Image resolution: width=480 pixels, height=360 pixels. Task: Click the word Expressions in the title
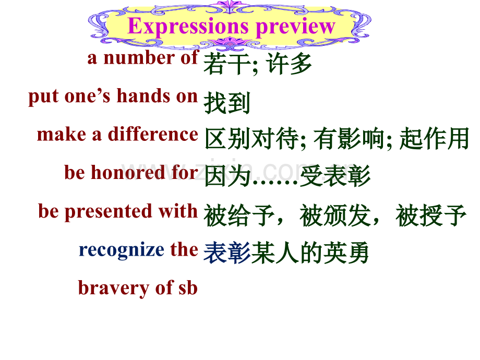188,27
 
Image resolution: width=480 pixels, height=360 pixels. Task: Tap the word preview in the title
295,27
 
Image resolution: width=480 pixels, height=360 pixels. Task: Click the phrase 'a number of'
143,57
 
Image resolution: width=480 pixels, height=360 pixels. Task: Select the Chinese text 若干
227,64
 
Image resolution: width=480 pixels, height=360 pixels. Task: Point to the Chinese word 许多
289,64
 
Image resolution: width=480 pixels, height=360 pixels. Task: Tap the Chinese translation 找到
227,103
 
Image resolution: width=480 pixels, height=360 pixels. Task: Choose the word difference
153,134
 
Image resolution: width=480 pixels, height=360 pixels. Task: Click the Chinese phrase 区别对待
252,139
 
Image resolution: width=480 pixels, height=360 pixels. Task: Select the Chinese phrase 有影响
349,139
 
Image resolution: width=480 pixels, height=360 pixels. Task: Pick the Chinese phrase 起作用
434,139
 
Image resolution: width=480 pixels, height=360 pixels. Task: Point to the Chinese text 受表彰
335,176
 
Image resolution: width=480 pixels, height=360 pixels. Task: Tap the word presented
109,212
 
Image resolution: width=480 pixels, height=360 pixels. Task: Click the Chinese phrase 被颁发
335,215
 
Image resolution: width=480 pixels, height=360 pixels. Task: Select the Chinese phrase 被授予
431,215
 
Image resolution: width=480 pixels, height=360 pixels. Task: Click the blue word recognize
122,250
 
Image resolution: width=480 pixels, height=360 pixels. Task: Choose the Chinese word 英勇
346,253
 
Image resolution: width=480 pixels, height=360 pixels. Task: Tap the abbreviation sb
188,288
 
